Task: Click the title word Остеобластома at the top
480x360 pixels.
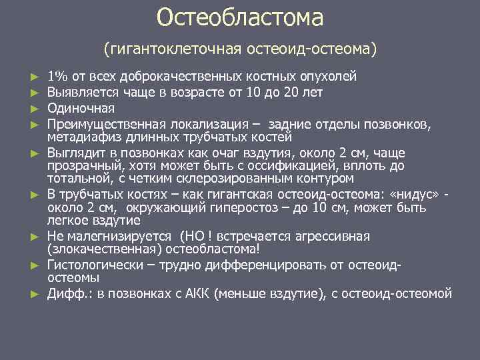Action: pyautogui.click(x=240, y=18)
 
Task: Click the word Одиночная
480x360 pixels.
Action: pyautogui.click(x=81, y=108)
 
